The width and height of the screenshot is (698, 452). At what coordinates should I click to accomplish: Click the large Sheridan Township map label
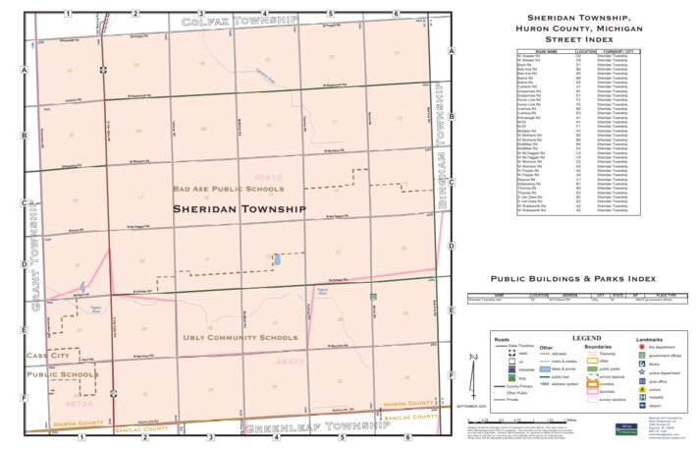[240, 209]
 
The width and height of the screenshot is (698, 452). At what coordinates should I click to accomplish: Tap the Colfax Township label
[239, 20]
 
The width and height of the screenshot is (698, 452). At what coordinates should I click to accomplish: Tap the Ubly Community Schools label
[240, 338]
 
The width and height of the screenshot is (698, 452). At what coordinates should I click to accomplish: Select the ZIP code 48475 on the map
[292, 362]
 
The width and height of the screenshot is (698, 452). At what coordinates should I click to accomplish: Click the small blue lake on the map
[277, 259]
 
